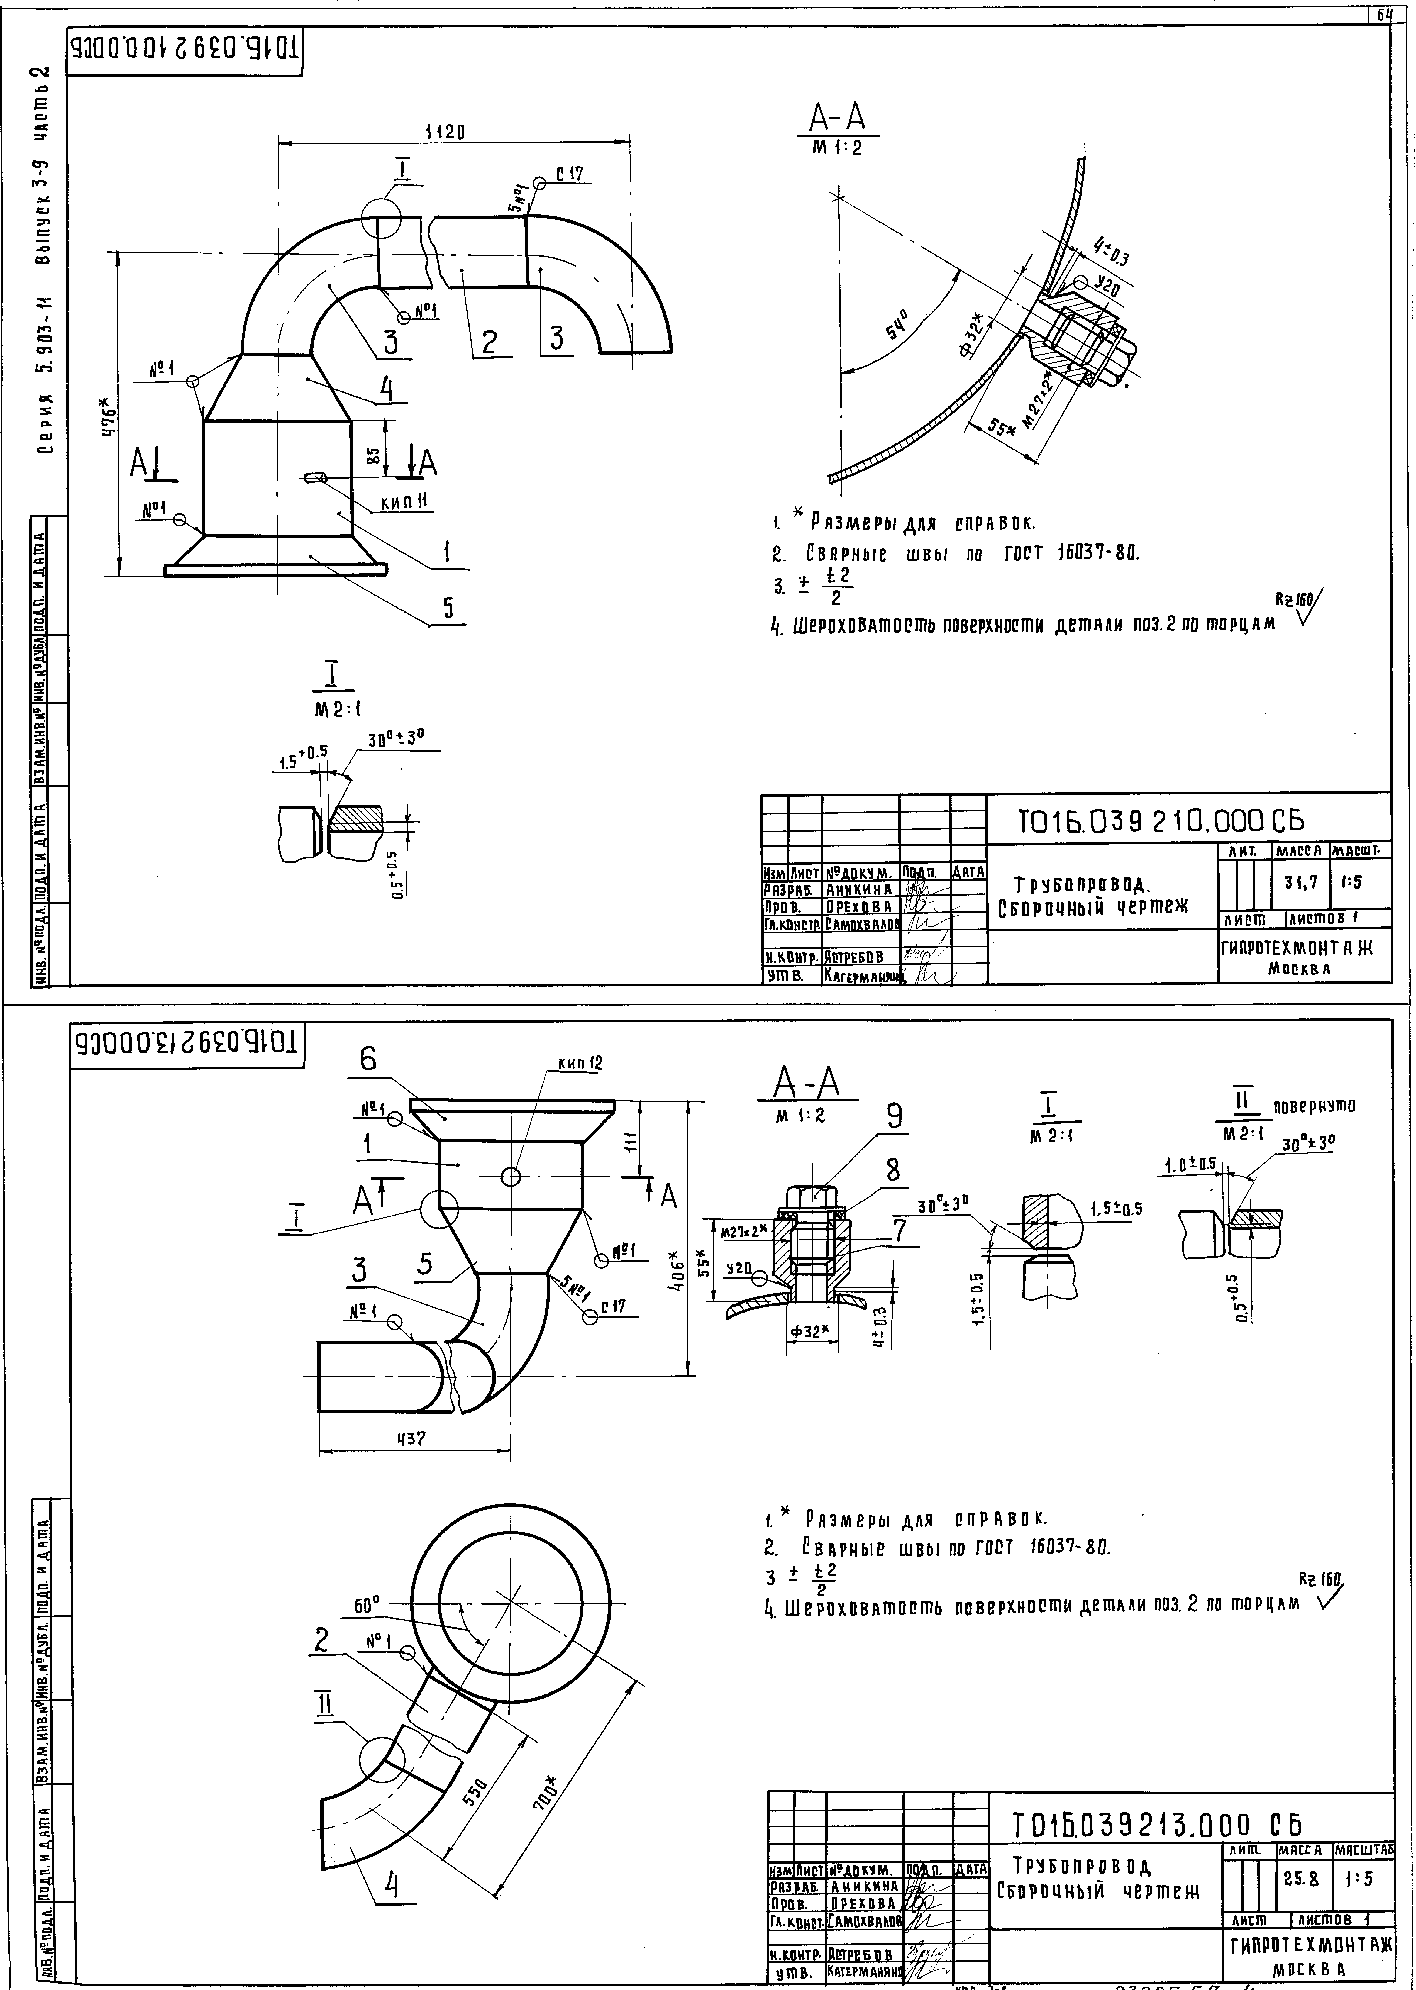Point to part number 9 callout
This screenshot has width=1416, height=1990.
coord(894,1117)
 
